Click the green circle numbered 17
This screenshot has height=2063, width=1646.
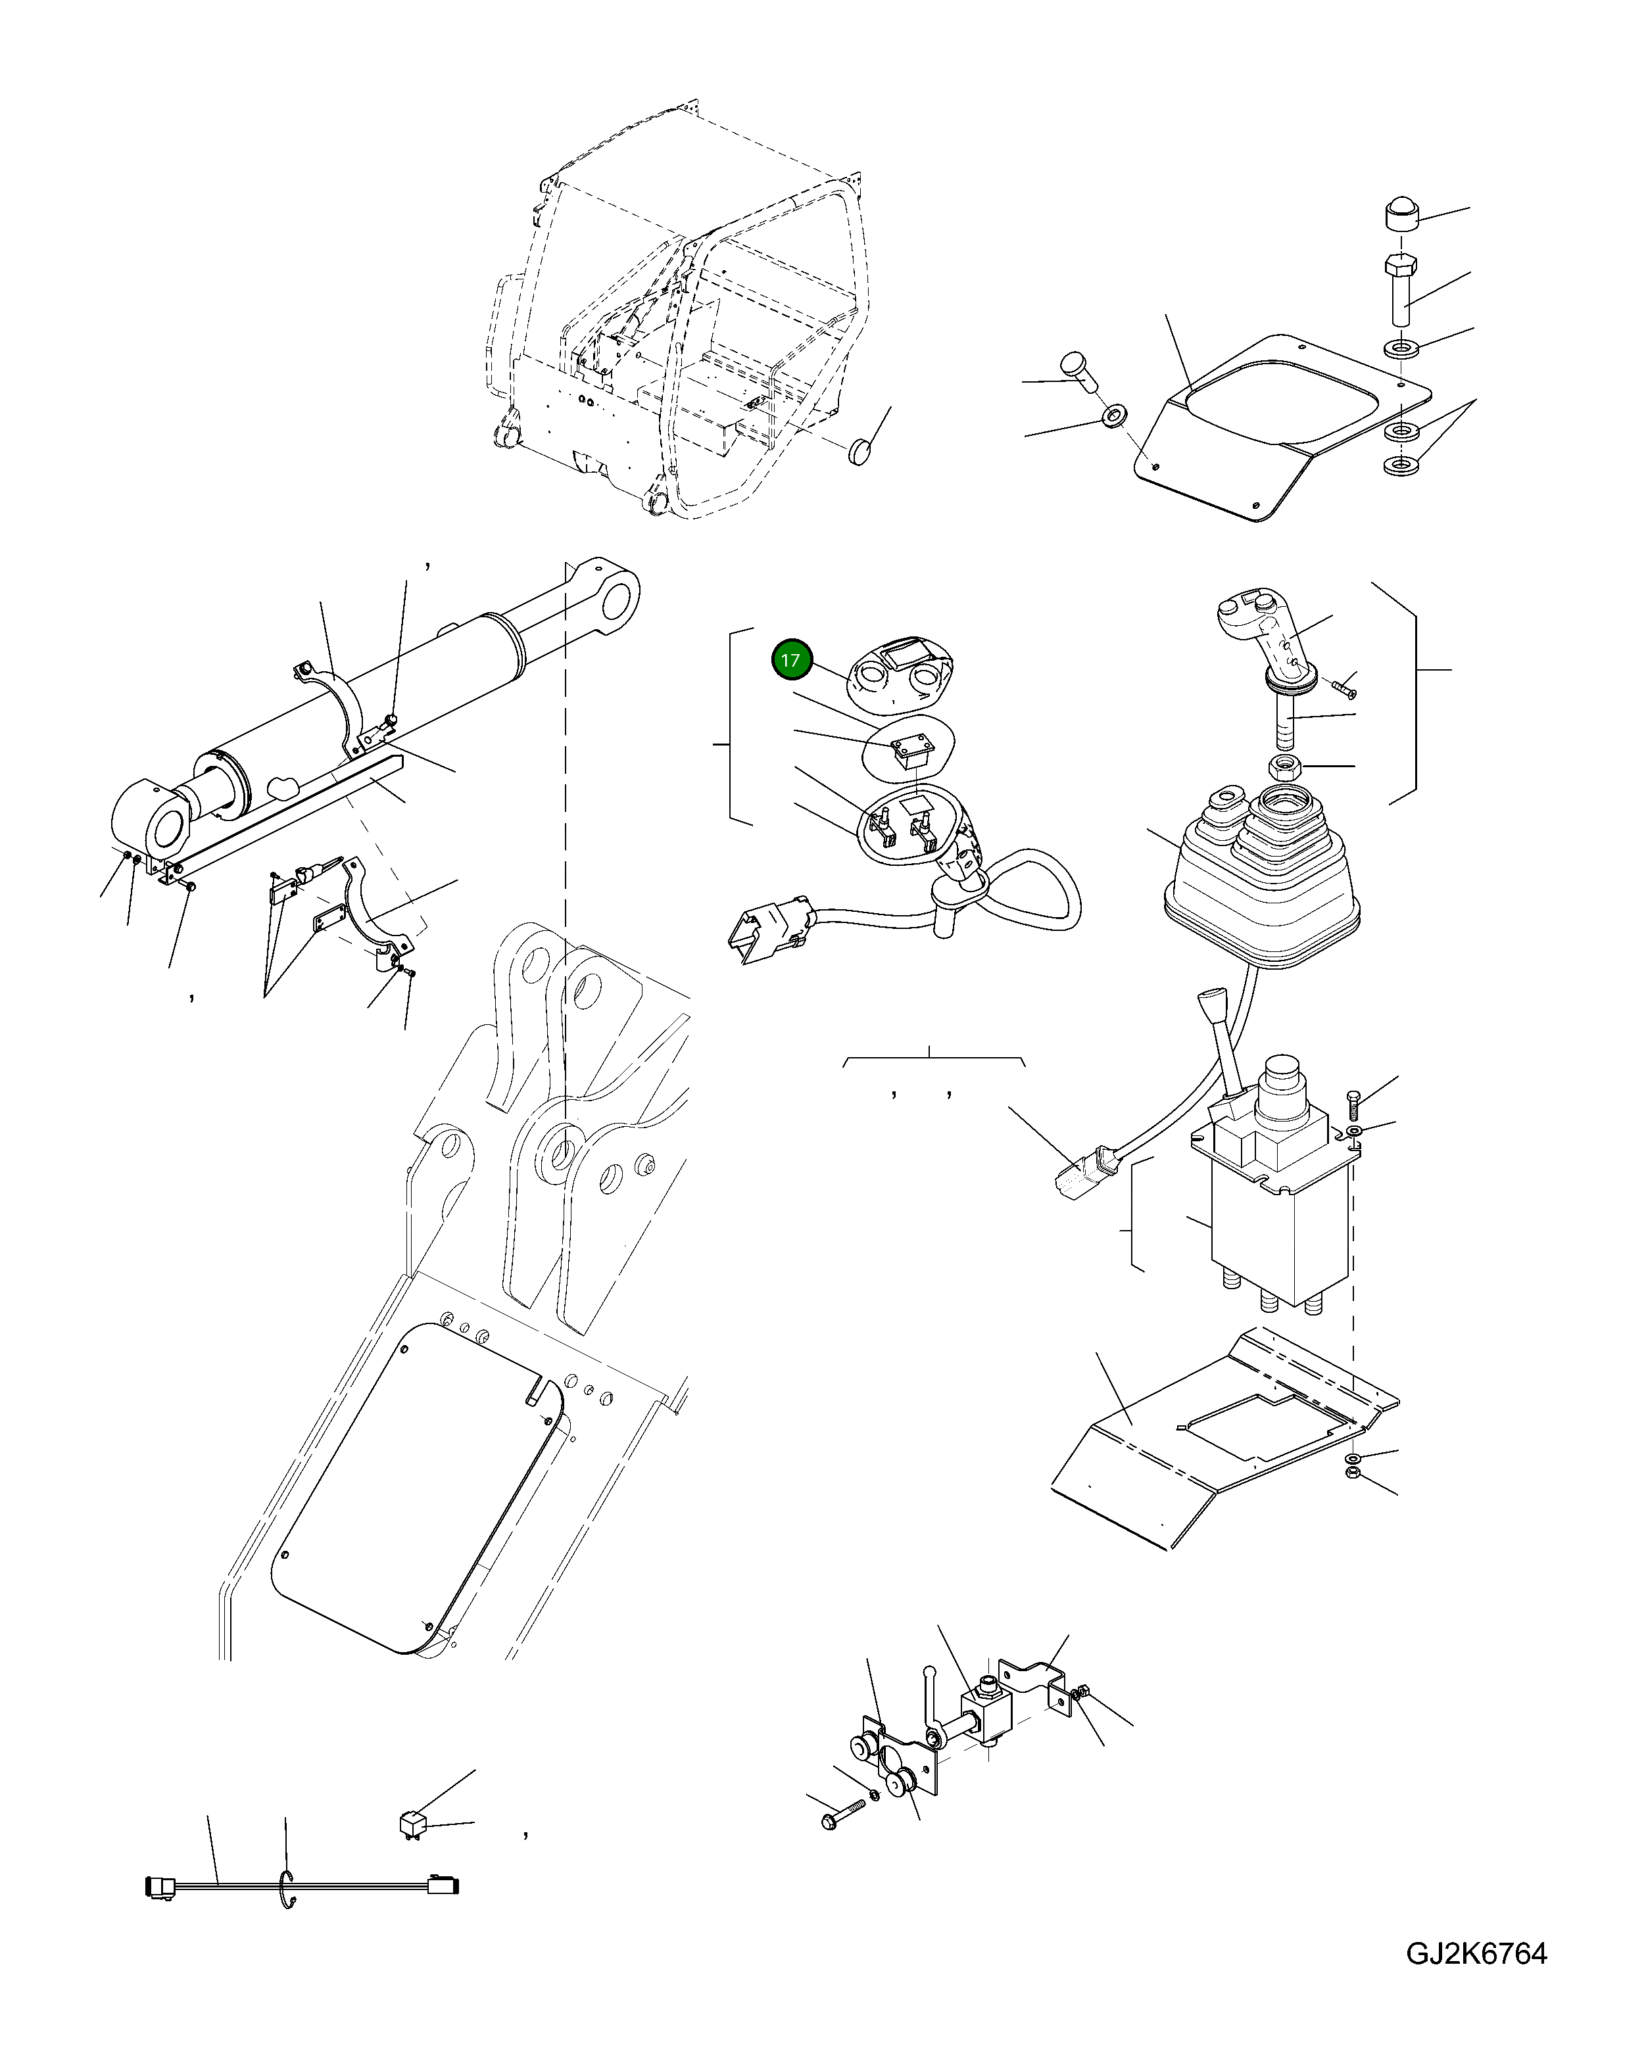coord(790,660)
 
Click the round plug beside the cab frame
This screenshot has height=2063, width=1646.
coord(862,450)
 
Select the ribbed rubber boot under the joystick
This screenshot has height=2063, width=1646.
coord(1261,880)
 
